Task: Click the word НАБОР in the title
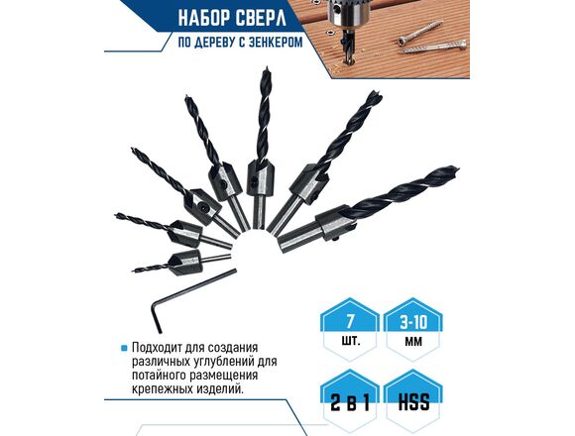[203, 19]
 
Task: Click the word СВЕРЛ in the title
[260, 19]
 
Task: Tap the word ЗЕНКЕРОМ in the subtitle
[276, 43]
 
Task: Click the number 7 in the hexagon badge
[350, 321]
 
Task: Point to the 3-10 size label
[413, 322]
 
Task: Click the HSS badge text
[413, 402]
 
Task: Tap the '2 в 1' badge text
[350, 402]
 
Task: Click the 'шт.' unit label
[351, 342]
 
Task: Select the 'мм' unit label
[413, 342]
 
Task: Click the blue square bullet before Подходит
[124, 348]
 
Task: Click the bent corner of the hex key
[154, 302]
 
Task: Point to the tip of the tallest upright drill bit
[267, 67]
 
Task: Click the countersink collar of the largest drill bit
[333, 222]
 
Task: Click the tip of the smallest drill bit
[133, 271]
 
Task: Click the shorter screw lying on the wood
[421, 33]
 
